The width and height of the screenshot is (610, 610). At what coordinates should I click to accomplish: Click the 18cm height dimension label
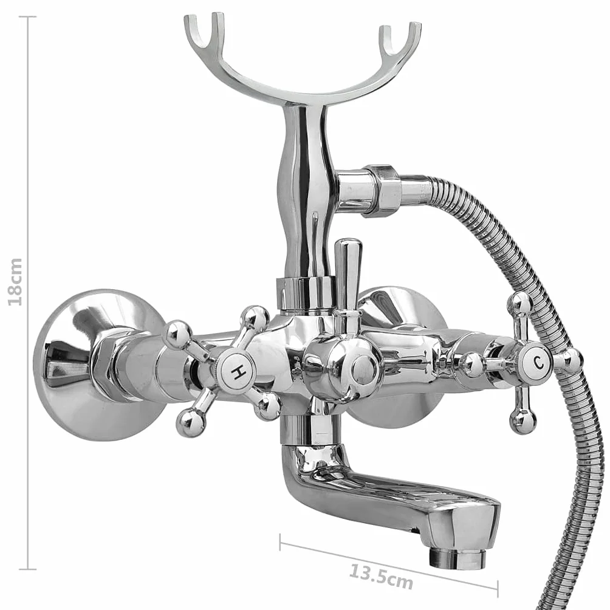(16, 282)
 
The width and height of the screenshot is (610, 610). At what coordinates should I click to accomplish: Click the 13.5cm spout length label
(381, 577)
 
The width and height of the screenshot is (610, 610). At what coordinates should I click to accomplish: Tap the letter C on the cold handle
(538, 363)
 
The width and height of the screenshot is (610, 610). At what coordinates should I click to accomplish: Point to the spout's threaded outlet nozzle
(457, 558)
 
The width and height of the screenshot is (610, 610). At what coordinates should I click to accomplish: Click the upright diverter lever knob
(348, 274)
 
